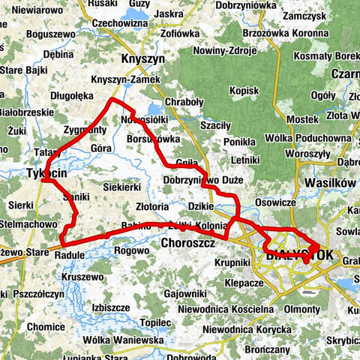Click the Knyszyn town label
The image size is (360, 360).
(140, 58)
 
